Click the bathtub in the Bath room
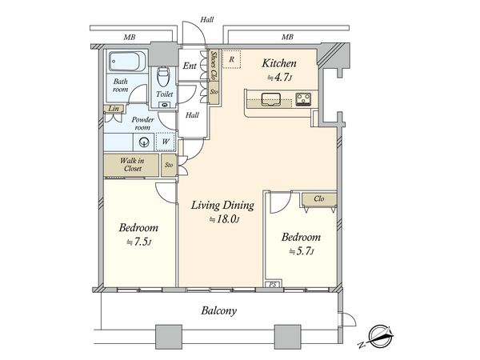[x=127, y=62]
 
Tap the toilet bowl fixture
[x=163, y=76]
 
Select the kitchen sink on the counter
[x=271, y=99]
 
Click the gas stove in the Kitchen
[x=303, y=99]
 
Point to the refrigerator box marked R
[x=232, y=59]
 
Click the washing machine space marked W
[x=166, y=142]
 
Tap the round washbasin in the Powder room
[x=143, y=142]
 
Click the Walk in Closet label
[x=132, y=164]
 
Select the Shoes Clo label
[x=214, y=65]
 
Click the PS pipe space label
[x=273, y=284]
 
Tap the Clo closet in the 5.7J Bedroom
[x=319, y=199]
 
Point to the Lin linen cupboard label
[x=114, y=108]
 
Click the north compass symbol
[x=378, y=337]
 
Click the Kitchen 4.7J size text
[x=279, y=78]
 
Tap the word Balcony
[x=219, y=310]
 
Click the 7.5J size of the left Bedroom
[x=139, y=242]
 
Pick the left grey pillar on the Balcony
[x=169, y=337]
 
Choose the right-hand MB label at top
[x=287, y=38]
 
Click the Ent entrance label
[x=190, y=66]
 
